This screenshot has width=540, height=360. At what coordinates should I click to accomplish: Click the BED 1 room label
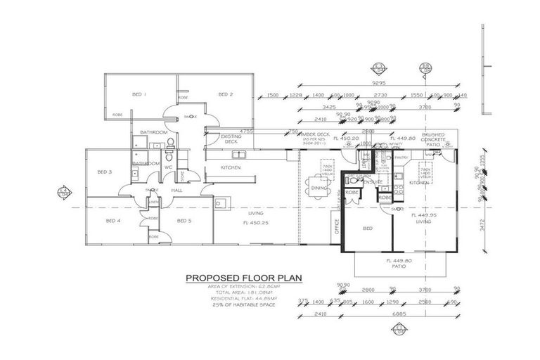(x=139, y=94)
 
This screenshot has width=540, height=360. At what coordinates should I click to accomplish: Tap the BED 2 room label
(x=225, y=94)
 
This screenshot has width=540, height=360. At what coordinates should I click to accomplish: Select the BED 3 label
(x=105, y=172)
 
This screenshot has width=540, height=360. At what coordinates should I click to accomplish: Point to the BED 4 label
(x=113, y=221)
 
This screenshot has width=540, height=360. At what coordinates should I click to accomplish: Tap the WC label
(x=169, y=167)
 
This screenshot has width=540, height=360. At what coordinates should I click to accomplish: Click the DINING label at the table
(x=319, y=188)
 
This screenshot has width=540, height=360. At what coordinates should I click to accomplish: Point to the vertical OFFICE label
(x=337, y=227)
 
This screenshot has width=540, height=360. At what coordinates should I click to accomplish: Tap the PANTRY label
(x=401, y=157)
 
